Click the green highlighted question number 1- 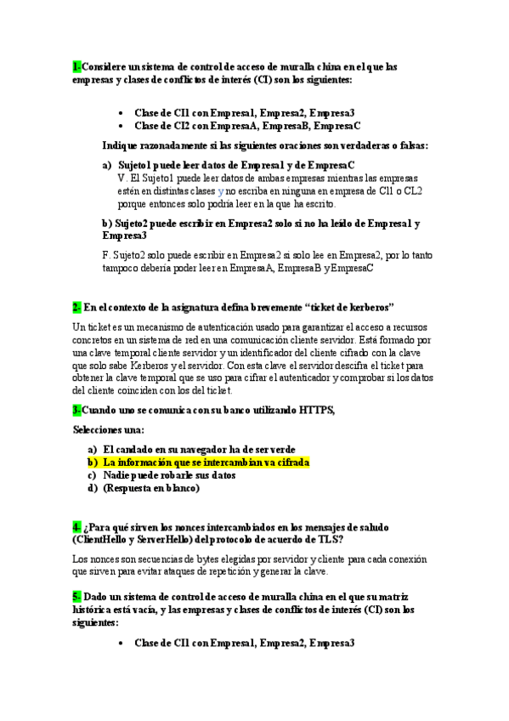coord(76,66)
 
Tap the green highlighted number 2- coord(76,306)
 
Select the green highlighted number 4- coord(76,527)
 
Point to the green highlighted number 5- coord(76,597)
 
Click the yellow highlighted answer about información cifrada coord(205,463)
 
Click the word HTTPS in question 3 coord(317,410)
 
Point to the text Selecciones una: coord(109,429)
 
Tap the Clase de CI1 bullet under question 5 coord(245,643)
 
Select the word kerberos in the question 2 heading coord(363,306)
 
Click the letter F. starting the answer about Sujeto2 coord(105,253)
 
